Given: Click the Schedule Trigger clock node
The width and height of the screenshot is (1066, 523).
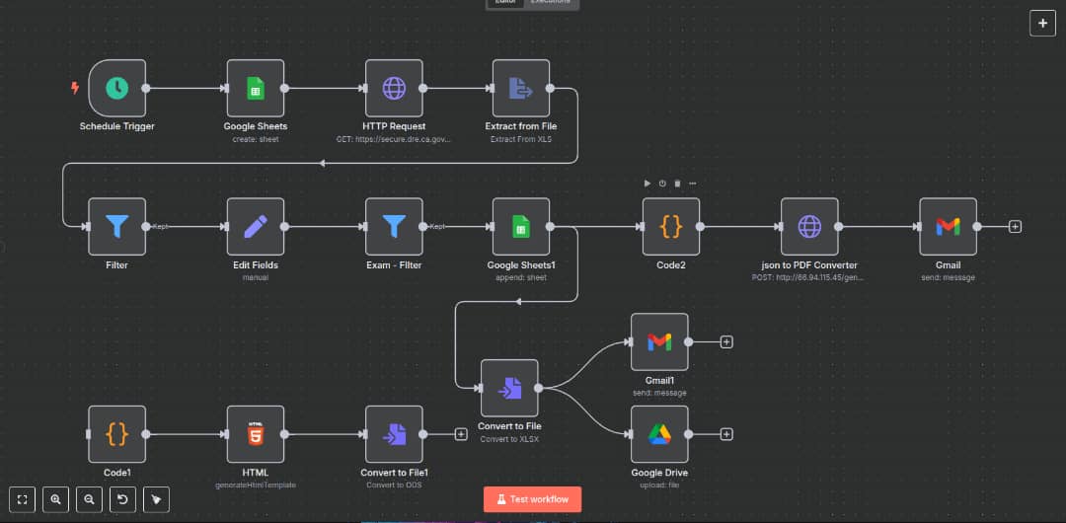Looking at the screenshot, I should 116,88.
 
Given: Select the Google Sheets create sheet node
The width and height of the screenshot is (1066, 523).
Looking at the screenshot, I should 255,88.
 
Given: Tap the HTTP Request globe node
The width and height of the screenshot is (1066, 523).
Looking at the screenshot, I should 394,88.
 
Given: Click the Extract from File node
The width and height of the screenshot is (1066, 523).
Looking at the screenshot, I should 521,88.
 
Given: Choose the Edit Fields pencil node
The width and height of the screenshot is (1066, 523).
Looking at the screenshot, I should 255,227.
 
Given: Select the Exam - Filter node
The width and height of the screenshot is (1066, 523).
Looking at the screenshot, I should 394,227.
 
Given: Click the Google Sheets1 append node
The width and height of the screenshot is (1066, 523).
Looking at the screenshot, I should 521,227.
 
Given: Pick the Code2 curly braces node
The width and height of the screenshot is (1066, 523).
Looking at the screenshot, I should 671,227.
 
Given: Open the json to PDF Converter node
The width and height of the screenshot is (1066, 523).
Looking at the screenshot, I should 809,227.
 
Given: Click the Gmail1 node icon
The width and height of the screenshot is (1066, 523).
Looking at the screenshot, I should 659,341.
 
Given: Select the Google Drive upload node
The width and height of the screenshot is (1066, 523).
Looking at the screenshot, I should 659,434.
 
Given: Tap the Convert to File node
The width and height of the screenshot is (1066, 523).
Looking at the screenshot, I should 509,388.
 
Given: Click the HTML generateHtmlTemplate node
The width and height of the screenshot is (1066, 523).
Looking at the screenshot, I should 255,434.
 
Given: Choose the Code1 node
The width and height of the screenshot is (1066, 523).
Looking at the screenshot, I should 116,434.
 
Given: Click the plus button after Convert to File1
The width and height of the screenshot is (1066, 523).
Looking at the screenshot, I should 461,434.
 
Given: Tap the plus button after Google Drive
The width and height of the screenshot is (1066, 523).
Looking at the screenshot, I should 726,434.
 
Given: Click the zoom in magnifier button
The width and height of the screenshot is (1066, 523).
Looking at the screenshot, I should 56,499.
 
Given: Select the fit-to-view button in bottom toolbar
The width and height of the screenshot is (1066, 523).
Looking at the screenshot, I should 23,499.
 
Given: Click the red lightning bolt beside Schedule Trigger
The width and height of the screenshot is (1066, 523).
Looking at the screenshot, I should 74,88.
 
